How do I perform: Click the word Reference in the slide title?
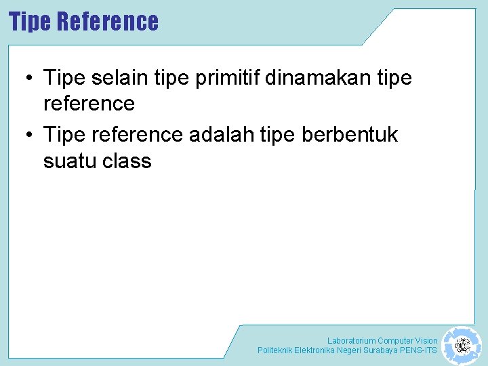(x=108, y=22)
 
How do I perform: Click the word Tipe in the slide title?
(x=30, y=22)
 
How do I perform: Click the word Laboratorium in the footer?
(x=351, y=340)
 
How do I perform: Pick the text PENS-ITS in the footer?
(x=420, y=350)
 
